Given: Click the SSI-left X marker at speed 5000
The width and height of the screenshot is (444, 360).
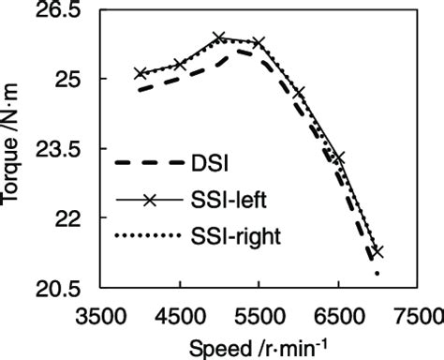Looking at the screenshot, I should (219, 38).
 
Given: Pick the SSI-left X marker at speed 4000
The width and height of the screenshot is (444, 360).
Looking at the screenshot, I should (141, 73).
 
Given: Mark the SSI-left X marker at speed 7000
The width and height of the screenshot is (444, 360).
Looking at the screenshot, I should (377, 251).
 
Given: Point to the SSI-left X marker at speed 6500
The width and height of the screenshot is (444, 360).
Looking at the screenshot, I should (338, 158).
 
